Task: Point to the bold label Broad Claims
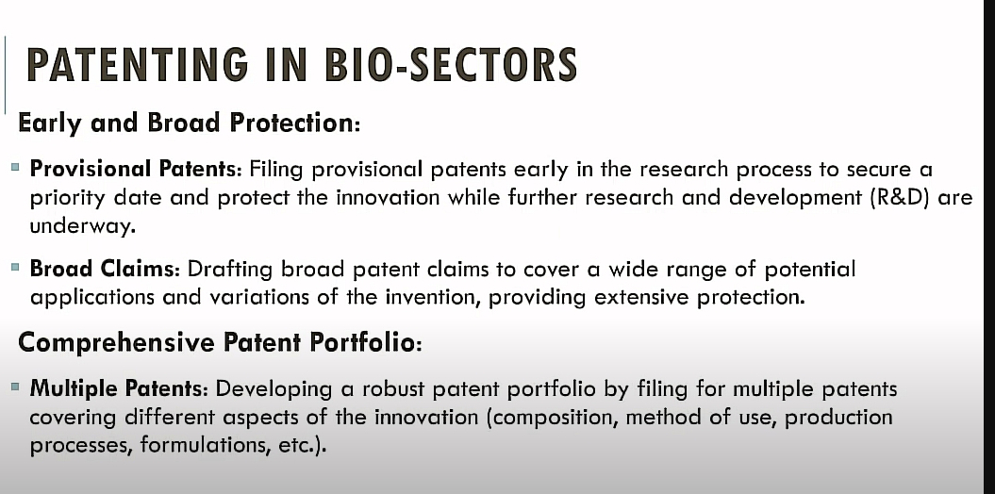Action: tap(106, 270)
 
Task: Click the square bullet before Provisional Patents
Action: tap(15, 168)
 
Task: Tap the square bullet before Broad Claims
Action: tap(15, 267)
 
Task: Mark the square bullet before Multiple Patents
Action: tap(15, 387)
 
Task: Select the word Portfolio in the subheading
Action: tap(365, 343)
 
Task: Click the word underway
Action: tap(83, 226)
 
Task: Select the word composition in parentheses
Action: tap(547, 418)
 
